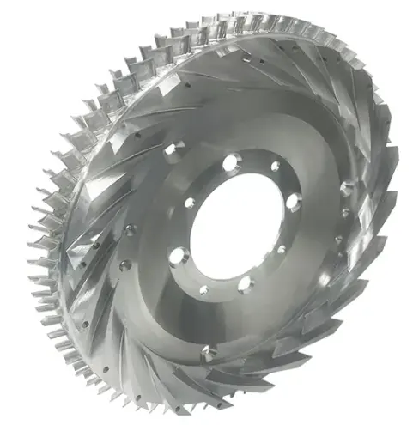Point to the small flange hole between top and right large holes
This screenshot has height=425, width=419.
[x=275, y=167]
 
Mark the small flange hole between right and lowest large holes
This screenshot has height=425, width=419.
[x=281, y=250]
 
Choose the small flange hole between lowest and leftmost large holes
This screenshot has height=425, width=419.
[x=203, y=289]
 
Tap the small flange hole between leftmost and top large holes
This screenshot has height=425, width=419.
[x=191, y=203]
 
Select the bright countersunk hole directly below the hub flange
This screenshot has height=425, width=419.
[x=208, y=352]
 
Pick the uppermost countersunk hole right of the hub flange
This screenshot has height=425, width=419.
[x=345, y=186]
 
